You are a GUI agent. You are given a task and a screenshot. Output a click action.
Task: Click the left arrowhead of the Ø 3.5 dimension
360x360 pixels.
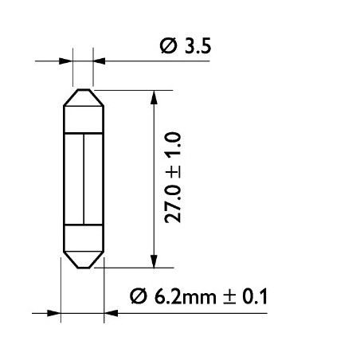[66, 60]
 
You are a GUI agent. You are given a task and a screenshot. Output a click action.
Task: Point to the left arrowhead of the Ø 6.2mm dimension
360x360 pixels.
[54, 312]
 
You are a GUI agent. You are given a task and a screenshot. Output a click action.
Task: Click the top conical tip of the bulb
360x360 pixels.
[82, 97]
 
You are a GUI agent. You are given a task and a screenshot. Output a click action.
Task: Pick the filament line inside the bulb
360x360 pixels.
[82, 178]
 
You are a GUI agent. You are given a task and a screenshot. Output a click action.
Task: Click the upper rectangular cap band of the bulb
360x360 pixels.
[82, 119]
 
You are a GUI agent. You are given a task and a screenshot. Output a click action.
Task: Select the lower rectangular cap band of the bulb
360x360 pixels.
[82, 238]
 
